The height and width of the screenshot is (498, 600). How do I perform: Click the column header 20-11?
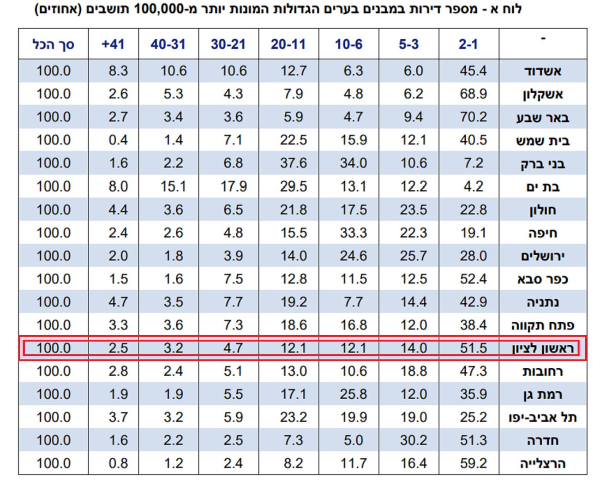pos(288,44)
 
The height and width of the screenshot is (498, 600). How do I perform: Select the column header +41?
pos(113,44)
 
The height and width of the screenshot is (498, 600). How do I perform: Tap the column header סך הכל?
pos(53,44)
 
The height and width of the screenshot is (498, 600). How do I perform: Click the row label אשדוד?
pos(543,71)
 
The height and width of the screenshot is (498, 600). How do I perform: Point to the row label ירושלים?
pos(543,256)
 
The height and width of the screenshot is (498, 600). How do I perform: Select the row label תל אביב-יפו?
pos(543,418)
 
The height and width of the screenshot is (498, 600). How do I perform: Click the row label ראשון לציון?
pos(543,348)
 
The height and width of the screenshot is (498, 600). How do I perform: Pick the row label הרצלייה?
pos(543,464)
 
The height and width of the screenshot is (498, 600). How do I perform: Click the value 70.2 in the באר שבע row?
pos(473,117)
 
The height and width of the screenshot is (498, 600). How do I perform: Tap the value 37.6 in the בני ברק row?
pos(293,163)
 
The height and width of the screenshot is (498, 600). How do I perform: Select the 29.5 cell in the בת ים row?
pos(293,187)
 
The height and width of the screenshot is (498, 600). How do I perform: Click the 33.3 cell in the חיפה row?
pos(353,233)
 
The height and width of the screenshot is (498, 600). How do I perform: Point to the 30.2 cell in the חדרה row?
pos(413,441)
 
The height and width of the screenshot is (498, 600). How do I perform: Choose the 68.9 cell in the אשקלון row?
pos(473,94)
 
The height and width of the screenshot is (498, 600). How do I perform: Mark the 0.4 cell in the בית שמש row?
pos(118,140)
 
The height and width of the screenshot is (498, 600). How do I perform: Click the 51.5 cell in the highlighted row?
pos(473,348)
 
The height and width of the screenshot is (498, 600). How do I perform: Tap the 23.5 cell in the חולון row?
pos(413,210)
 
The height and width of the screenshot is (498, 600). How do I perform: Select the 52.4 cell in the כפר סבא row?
pos(473,279)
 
